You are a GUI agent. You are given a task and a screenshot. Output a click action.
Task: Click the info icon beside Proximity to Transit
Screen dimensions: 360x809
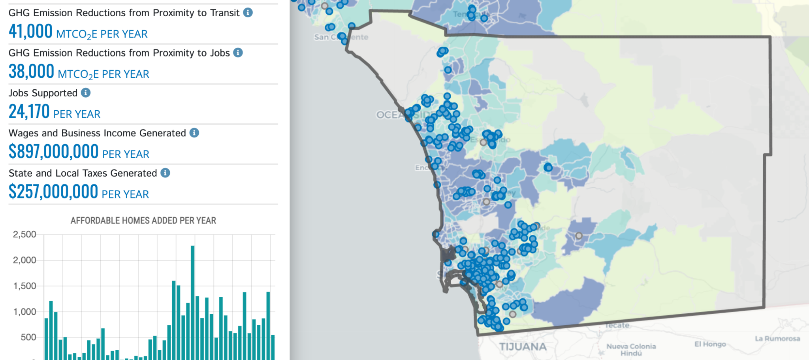[248, 13]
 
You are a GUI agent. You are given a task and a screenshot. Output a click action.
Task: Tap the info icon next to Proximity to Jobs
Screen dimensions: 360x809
[238, 53]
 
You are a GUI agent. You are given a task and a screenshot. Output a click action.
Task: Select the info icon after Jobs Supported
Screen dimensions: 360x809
[86, 92]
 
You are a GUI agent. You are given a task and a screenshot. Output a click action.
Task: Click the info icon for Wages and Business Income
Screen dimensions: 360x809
[194, 133]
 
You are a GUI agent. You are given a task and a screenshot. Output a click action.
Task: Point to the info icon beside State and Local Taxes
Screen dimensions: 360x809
[166, 173]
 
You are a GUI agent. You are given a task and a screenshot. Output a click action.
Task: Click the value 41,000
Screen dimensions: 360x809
[30, 32]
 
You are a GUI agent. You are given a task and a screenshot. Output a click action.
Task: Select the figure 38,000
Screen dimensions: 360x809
[31, 72]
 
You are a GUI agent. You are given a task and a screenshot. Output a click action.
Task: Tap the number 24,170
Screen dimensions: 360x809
[29, 112]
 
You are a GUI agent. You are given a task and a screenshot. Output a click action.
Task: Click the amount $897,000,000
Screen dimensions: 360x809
[53, 152]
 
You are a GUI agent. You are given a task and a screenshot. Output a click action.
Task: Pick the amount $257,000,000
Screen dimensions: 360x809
[53, 192]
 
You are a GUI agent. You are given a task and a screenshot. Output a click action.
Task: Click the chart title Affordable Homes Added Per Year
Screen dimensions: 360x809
[143, 221]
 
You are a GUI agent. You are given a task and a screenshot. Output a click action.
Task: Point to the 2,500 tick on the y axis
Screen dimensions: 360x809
[24, 234]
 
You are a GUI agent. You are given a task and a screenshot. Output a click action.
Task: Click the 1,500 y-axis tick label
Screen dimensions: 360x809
[24, 286]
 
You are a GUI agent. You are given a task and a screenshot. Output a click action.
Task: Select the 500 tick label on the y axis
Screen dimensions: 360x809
[28, 337]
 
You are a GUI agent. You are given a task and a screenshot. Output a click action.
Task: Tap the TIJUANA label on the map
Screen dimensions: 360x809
[523, 347]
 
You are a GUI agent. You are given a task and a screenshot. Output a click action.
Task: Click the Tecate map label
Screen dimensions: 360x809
[617, 325]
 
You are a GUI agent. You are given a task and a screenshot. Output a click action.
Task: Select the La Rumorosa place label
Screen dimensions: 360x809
[777, 339]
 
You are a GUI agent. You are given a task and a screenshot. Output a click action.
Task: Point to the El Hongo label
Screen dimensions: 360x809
[710, 344]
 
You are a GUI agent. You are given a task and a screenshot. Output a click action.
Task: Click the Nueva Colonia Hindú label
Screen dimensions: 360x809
[631, 349]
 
